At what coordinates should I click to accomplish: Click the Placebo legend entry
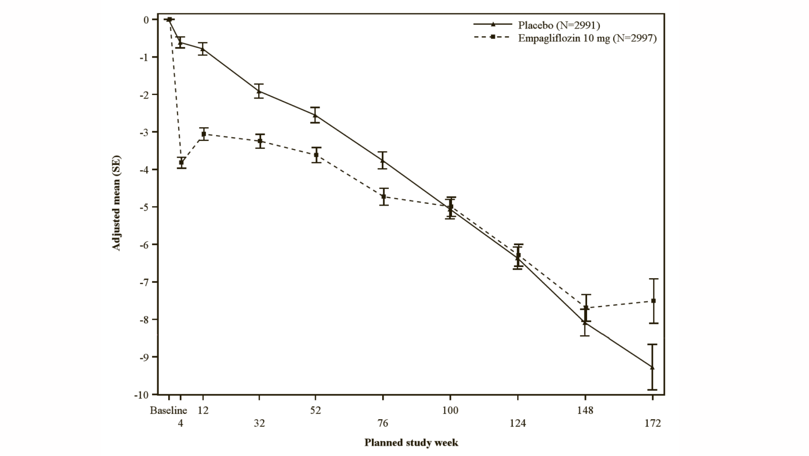pos(559,25)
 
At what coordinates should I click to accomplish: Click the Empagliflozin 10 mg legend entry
pos(587,38)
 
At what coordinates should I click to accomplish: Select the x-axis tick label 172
pos(653,423)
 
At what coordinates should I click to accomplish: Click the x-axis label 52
pos(315,410)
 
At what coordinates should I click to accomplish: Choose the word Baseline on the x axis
pos(168,410)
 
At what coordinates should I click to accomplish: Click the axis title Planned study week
pos(411,443)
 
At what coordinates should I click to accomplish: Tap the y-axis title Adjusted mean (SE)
pos(116,203)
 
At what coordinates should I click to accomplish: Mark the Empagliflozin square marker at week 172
pos(653,301)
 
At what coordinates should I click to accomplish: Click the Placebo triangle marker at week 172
pos(652,367)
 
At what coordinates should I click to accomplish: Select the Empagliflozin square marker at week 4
pos(181,163)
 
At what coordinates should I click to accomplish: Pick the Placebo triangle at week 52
pos(315,116)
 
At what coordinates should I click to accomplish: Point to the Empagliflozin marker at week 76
pos(383,197)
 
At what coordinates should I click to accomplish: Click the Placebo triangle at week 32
pos(259,91)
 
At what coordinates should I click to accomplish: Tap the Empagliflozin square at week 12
pos(204,134)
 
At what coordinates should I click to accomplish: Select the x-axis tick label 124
pos(518,423)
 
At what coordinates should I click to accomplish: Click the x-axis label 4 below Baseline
pos(180,423)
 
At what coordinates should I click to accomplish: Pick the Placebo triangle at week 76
pos(383,160)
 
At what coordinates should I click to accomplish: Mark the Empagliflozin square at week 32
pos(260,141)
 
